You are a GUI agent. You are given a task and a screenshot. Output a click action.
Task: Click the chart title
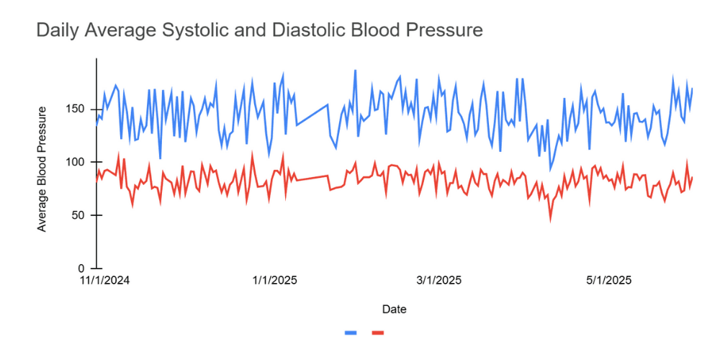[259, 31]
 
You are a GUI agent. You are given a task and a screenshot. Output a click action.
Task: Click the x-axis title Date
[394, 310]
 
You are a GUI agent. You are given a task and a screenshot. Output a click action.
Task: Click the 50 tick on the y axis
[81, 215]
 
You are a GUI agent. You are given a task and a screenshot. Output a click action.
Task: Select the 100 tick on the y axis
[78, 162]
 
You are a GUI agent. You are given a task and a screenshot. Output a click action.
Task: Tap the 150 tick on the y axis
[78, 109]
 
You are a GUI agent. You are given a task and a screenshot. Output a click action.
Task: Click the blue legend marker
[351, 332]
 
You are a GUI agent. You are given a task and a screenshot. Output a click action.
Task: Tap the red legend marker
[378, 332]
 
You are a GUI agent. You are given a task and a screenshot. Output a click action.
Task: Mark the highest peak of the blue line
[355, 71]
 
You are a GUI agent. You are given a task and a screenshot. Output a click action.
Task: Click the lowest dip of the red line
[551, 220]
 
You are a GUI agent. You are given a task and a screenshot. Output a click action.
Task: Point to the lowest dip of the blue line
[551, 170]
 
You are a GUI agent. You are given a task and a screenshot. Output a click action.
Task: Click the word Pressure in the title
[446, 31]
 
